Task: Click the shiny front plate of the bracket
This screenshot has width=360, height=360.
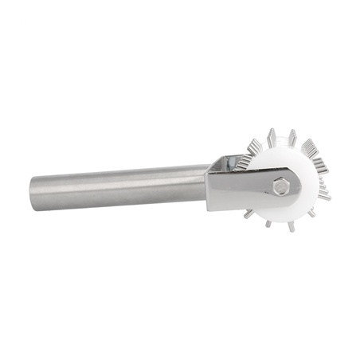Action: click(239, 191)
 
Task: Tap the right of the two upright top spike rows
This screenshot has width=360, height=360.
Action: click(292, 139)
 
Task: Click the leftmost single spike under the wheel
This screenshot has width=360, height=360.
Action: click(249, 214)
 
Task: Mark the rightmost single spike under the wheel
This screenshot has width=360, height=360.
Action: click(311, 213)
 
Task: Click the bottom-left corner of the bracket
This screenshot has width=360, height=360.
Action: click(209, 209)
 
